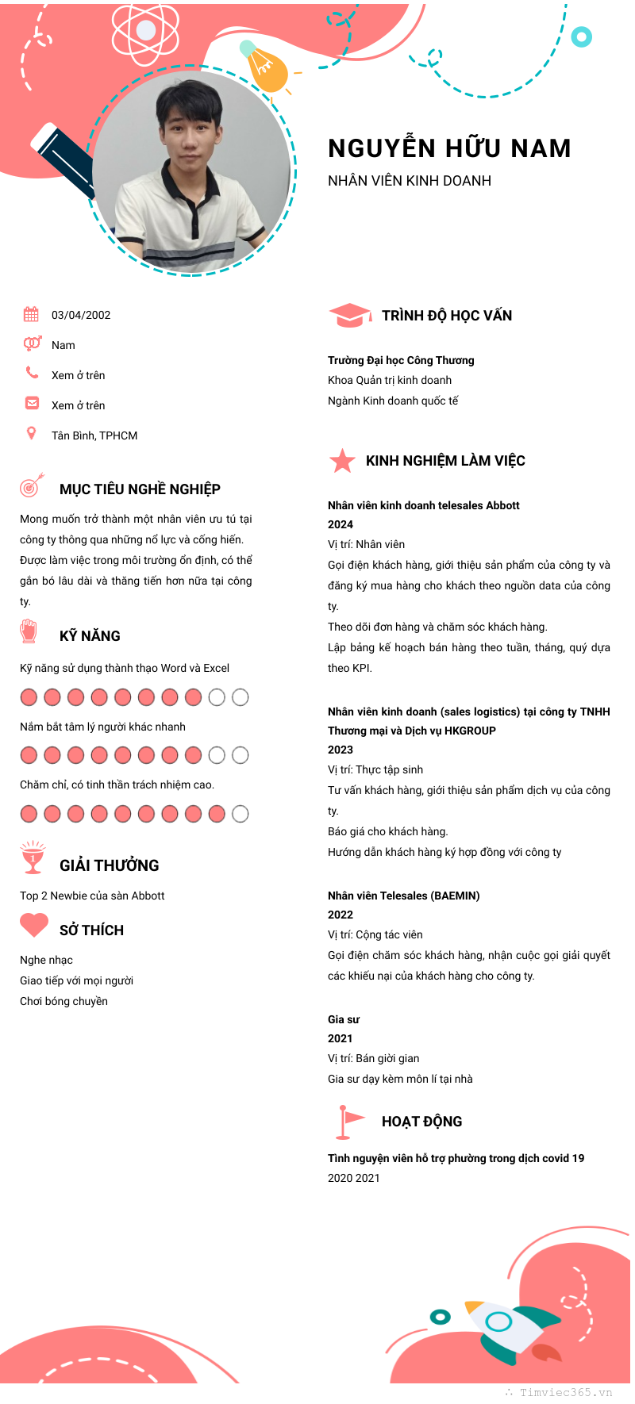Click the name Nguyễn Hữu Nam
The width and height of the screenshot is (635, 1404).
click(449, 148)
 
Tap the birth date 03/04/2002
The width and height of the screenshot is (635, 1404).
click(81, 315)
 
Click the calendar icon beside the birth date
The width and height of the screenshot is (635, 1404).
click(31, 314)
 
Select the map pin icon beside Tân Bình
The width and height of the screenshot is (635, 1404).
click(31, 433)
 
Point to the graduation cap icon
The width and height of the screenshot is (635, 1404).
click(349, 316)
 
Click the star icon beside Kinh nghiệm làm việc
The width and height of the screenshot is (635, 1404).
click(342, 461)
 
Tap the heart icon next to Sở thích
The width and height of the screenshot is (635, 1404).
click(34, 925)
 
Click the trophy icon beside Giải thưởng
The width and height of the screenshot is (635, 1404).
click(33, 857)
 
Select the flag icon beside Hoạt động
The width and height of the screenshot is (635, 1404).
click(348, 1121)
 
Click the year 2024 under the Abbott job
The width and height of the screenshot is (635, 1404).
click(341, 524)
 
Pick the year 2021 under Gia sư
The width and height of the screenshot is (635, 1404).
click(341, 1038)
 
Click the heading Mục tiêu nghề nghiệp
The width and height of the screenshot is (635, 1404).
click(140, 489)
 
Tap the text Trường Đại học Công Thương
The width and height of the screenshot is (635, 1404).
click(401, 360)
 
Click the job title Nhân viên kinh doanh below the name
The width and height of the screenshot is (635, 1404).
click(410, 181)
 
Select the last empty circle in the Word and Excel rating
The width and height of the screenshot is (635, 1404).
click(241, 697)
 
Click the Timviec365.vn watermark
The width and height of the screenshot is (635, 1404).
click(565, 1392)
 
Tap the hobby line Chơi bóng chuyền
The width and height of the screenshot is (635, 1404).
click(63, 1001)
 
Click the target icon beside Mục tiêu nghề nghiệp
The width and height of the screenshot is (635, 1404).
click(31, 485)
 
